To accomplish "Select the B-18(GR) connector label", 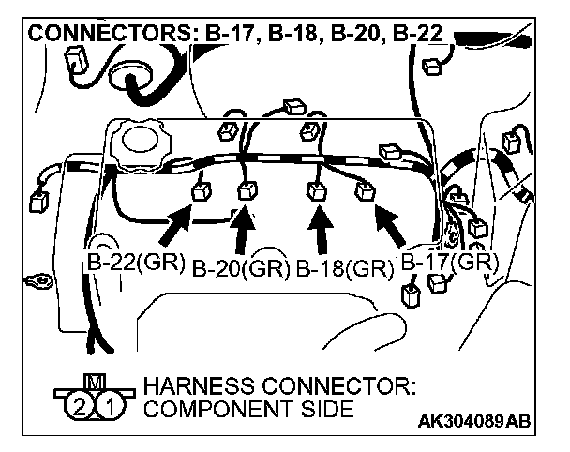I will point(344,269).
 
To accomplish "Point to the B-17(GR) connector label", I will point(446,262).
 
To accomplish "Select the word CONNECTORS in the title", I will point(109,36).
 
